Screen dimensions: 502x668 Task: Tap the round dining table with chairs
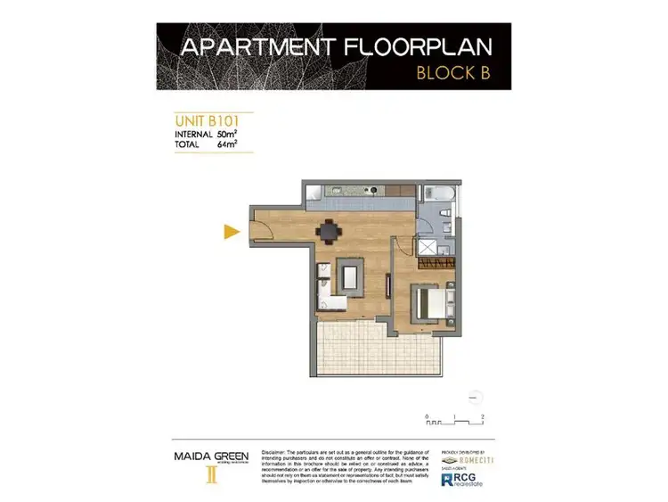click(329, 231)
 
